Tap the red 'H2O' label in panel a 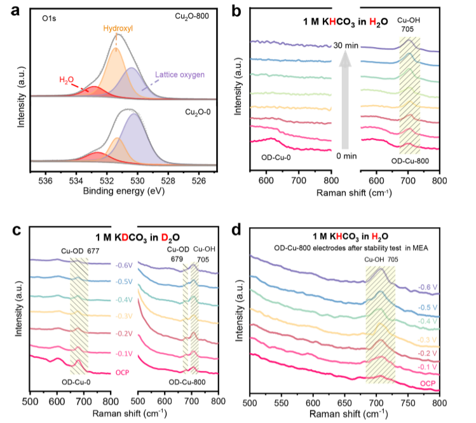[66, 80]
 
